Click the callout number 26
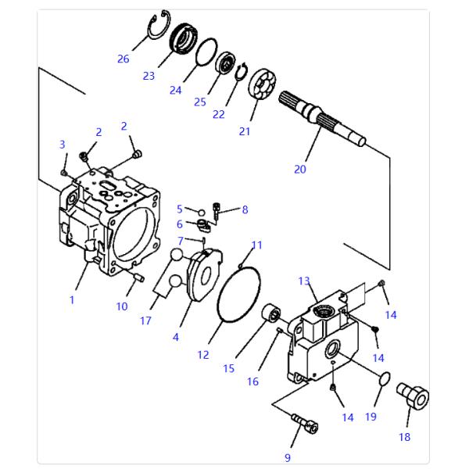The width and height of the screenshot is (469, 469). point(123,59)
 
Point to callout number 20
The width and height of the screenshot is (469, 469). point(300,169)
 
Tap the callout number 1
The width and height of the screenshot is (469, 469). point(72,300)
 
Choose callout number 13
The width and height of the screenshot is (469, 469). point(304,281)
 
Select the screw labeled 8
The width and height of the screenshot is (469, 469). point(217,209)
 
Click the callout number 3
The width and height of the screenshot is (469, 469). point(63,144)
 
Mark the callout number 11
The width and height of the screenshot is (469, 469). point(257,245)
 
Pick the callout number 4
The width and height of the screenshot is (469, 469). point(176,337)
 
